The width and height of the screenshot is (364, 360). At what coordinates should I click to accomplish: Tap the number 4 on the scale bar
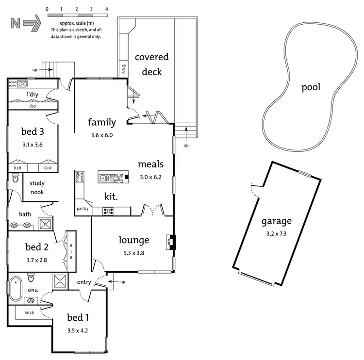pos(106,9)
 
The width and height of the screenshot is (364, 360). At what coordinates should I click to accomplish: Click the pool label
pos(311,87)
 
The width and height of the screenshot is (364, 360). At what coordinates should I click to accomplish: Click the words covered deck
pos(151,64)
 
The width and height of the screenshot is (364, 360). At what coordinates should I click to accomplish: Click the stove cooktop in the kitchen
pos(108,211)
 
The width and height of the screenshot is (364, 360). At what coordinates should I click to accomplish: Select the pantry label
pos(83,209)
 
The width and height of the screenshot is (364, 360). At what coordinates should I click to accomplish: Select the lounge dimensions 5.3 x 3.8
pos(134,252)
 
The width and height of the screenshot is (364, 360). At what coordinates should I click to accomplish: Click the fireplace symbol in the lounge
pos(171,241)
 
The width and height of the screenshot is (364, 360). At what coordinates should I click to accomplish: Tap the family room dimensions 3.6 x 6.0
pos(101,135)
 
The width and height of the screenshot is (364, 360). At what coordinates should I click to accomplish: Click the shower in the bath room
pos(45,224)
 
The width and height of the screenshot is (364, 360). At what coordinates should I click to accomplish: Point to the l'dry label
pos(33,94)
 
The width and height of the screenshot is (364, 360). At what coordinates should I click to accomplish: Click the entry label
pos(84,282)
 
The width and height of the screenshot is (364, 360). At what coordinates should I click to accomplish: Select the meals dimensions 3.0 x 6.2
pos(150,177)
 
